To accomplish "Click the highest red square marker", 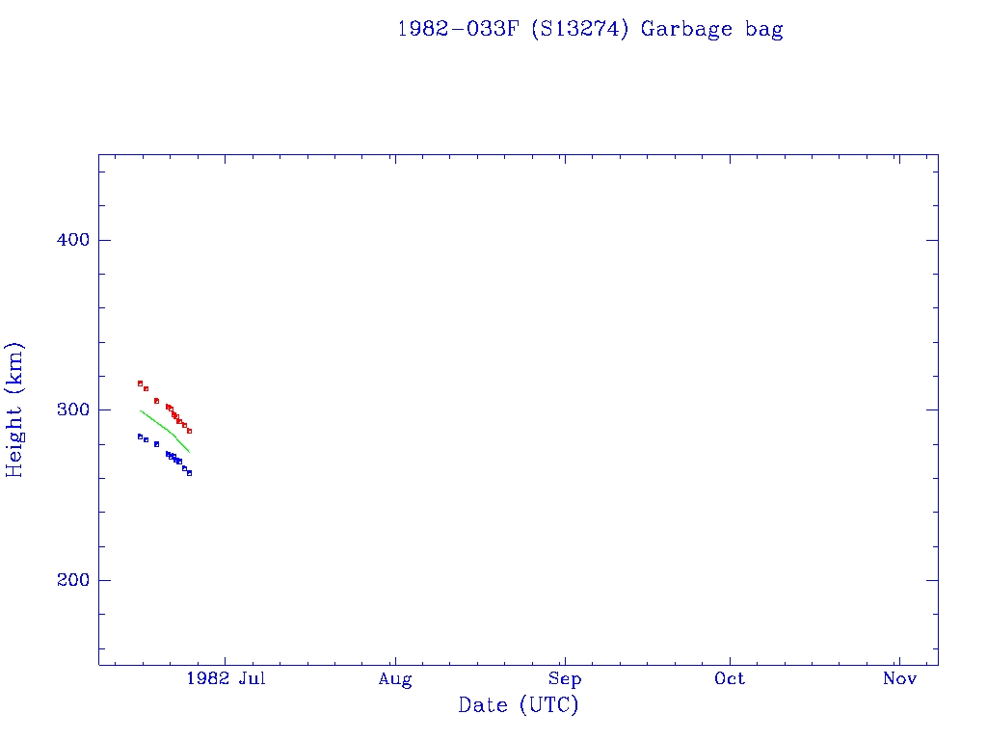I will (x=140, y=383).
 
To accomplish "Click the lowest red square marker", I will (x=189, y=431).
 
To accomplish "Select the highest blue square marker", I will (x=140, y=436).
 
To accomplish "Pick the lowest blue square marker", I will (x=189, y=473).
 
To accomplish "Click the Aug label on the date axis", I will (x=395, y=679).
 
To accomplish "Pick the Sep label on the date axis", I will (x=565, y=679).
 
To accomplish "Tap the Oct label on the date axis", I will (x=730, y=679).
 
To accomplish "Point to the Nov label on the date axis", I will (x=899, y=679).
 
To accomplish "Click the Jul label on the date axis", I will (x=252, y=679).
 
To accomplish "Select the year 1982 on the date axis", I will (x=207, y=679).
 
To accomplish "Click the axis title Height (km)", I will (x=15, y=410).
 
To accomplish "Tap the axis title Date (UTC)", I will (x=519, y=705).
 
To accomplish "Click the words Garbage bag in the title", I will (x=712, y=29).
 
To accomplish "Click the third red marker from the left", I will (x=156, y=401).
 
